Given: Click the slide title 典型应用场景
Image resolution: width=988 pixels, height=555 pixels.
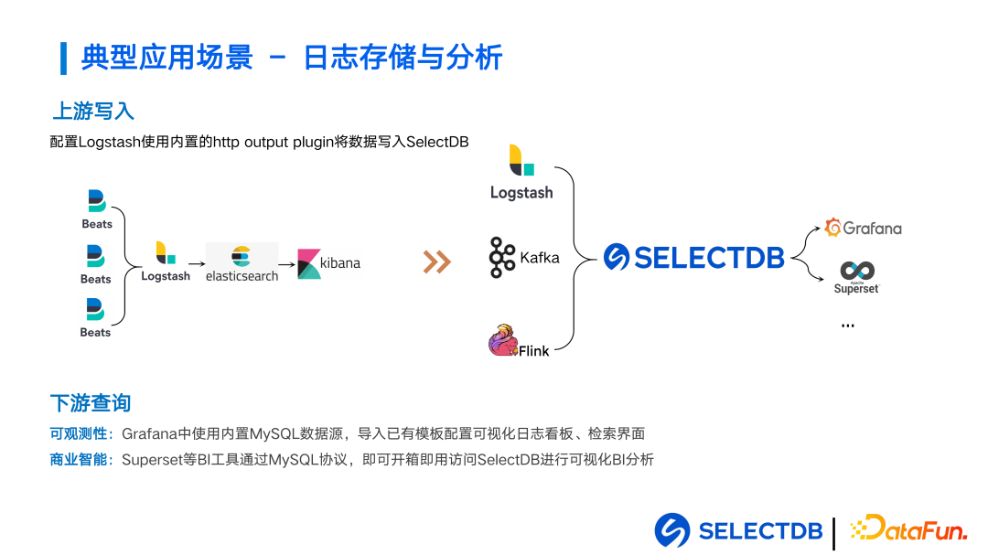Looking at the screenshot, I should pyautogui.click(x=166, y=58).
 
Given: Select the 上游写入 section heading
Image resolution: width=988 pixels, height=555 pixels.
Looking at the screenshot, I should pyautogui.click(x=92, y=111).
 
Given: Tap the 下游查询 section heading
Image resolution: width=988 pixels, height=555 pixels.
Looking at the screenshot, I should pyautogui.click(x=91, y=402).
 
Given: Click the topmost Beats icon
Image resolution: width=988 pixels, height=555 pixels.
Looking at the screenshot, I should pyautogui.click(x=96, y=201).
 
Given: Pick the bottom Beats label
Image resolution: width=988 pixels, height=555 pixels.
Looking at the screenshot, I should pyautogui.click(x=95, y=333).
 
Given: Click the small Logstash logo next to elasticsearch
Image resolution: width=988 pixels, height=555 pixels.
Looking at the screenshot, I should pyautogui.click(x=166, y=253).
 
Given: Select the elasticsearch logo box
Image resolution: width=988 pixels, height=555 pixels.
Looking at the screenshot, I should pyautogui.click(x=242, y=261).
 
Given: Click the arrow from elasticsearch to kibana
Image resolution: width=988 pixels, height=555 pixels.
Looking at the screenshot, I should pyautogui.click(x=287, y=264).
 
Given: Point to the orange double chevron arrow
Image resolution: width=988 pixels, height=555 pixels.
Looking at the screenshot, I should pyautogui.click(x=436, y=262).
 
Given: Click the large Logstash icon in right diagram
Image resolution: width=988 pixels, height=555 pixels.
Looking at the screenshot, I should pyautogui.click(x=521, y=161).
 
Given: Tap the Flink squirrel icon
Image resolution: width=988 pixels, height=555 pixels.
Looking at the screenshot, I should pyautogui.click(x=504, y=341).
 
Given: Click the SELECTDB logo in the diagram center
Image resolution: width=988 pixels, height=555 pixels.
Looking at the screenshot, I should pyautogui.click(x=694, y=258).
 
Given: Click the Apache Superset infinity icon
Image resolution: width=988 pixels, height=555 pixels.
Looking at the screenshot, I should pyautogui.click(x=857, y=271).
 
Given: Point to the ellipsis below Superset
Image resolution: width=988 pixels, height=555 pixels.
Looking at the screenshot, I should pyautogui.click(x=847, y=326).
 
